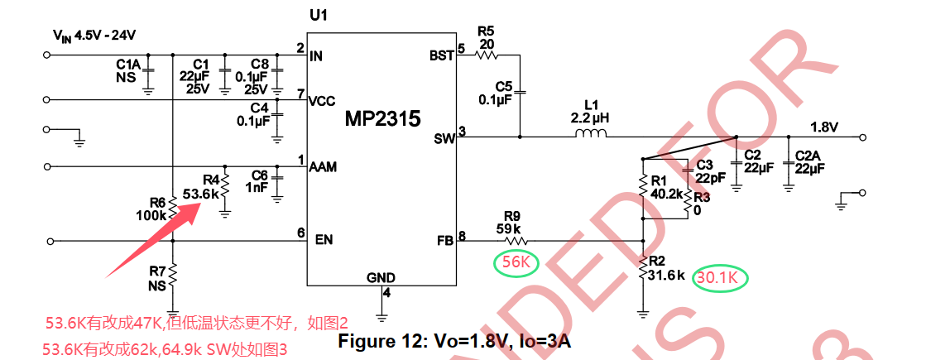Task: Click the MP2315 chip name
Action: click(x=382, y=119)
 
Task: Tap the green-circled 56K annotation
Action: click(x=515, y=262)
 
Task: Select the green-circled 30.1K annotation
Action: click(x=720, y=278)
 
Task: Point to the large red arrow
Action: click(x=152, y=241)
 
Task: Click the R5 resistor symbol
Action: click(x=487, y=55)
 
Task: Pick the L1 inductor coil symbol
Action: click(x=590, y=135)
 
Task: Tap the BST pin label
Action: click(x=442, y=55)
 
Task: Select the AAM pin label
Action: click(x=322, y=166)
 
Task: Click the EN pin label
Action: click(x=324, y=239)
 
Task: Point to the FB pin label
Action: click(x=444, y=240)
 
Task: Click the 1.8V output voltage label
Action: click(x=824, y=128)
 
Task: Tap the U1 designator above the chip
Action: click(x=319, y=16)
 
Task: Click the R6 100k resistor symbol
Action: click(x=173, y=207)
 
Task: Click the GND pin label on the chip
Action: click(x=381, y=278)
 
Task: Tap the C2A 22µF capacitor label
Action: click(x=809, y=162)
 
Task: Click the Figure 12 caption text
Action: click(x=454, y=341)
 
